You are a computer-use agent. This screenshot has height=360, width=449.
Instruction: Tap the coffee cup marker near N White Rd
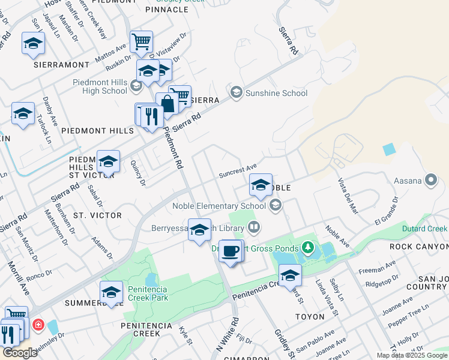pos(230,251)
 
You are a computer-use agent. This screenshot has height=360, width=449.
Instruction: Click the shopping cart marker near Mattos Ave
pos(141,42)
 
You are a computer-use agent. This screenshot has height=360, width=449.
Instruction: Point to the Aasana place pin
pos(430,179)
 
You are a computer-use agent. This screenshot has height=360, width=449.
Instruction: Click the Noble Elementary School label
pos(219,206)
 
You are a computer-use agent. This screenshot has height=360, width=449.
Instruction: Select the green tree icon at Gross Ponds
pos(307,247)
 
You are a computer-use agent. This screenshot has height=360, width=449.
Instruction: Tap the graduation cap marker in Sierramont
pos(34,44)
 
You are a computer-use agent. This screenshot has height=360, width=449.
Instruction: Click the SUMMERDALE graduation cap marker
pos(111,292)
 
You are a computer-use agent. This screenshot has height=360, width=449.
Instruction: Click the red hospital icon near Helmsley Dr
pos(38,325)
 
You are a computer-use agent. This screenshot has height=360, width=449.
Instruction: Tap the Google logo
pos(19,353)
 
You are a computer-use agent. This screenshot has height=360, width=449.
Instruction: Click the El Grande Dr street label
pos(386,209)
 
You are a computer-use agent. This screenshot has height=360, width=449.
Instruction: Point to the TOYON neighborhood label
pos(309,316)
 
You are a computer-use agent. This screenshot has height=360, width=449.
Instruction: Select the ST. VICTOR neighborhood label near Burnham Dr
pos(97,215)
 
